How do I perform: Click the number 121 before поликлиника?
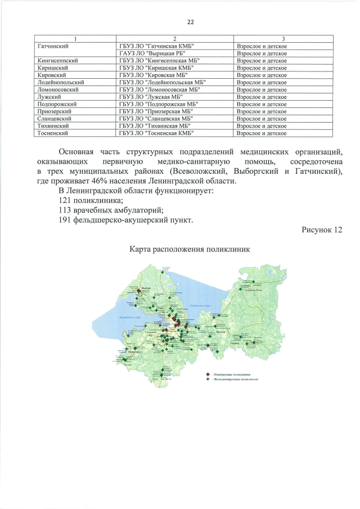[66, 200]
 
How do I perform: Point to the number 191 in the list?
[66, 220]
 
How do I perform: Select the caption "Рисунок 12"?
[321, 230]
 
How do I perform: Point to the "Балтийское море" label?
[131, 317]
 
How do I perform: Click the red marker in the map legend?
[208, 375]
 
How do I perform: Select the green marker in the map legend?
[208, 380]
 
